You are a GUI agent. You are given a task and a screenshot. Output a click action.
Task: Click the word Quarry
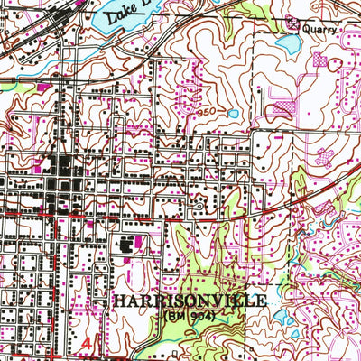319,28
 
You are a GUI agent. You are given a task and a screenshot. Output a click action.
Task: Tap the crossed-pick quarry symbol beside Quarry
292,23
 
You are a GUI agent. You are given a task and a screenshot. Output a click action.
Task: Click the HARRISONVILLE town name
190,300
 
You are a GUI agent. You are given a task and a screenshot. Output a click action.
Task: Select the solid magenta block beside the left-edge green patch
42,86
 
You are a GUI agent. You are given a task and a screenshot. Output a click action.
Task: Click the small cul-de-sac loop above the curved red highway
199,207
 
